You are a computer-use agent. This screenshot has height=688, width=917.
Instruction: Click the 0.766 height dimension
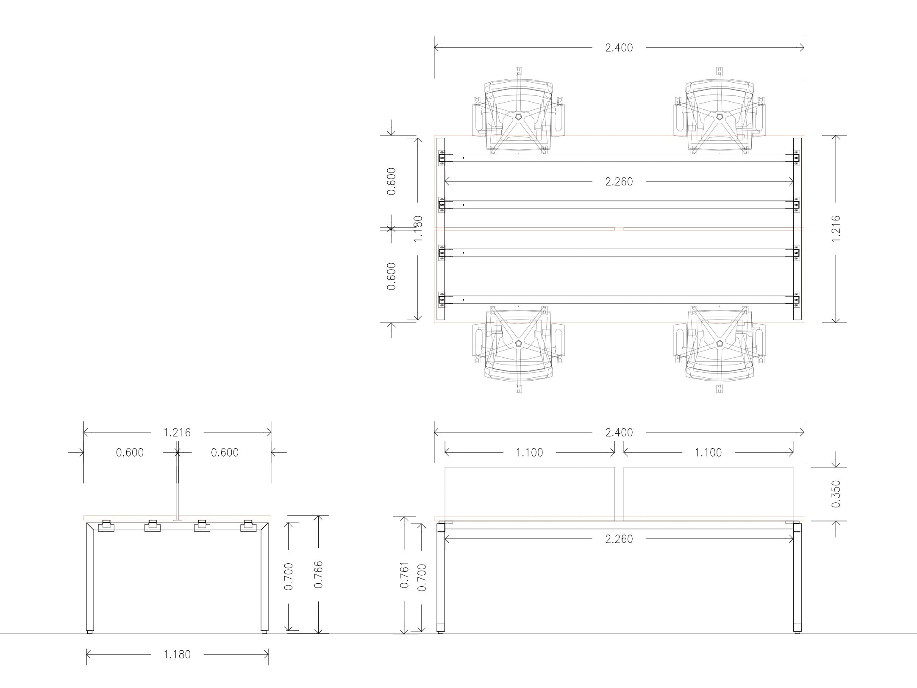coord(319,574)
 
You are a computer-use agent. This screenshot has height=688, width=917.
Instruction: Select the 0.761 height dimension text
coord(405,574)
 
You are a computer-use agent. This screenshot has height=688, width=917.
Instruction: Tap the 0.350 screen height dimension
coord(836,494)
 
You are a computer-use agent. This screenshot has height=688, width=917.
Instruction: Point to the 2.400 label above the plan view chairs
coord(619,48)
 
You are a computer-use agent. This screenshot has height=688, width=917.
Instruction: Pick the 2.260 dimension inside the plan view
coord(619,182)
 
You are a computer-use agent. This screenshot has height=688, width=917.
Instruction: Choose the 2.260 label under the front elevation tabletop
coord(619,539)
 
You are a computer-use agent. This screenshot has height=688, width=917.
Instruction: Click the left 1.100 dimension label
coord(529,453)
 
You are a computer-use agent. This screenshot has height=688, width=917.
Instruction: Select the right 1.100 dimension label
coord(708,453)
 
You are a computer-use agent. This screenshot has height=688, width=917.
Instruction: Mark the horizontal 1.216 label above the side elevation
coord(177,432)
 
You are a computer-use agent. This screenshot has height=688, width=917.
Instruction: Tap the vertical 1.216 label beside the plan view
coord(836,229)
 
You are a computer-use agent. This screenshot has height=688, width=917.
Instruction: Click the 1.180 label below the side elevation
coord(177,655)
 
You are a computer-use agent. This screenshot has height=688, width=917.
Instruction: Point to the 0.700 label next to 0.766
coord(289,577)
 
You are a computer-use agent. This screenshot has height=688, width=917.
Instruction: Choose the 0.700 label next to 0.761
coord(422,577)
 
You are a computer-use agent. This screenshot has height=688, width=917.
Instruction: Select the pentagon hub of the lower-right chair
coord(720,343)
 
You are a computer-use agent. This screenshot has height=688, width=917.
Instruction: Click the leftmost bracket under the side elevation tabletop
coord(106,526)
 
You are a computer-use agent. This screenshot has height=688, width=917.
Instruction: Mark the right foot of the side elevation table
coord(264,632)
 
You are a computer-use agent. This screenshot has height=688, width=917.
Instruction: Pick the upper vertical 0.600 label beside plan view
coord(392,181)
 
